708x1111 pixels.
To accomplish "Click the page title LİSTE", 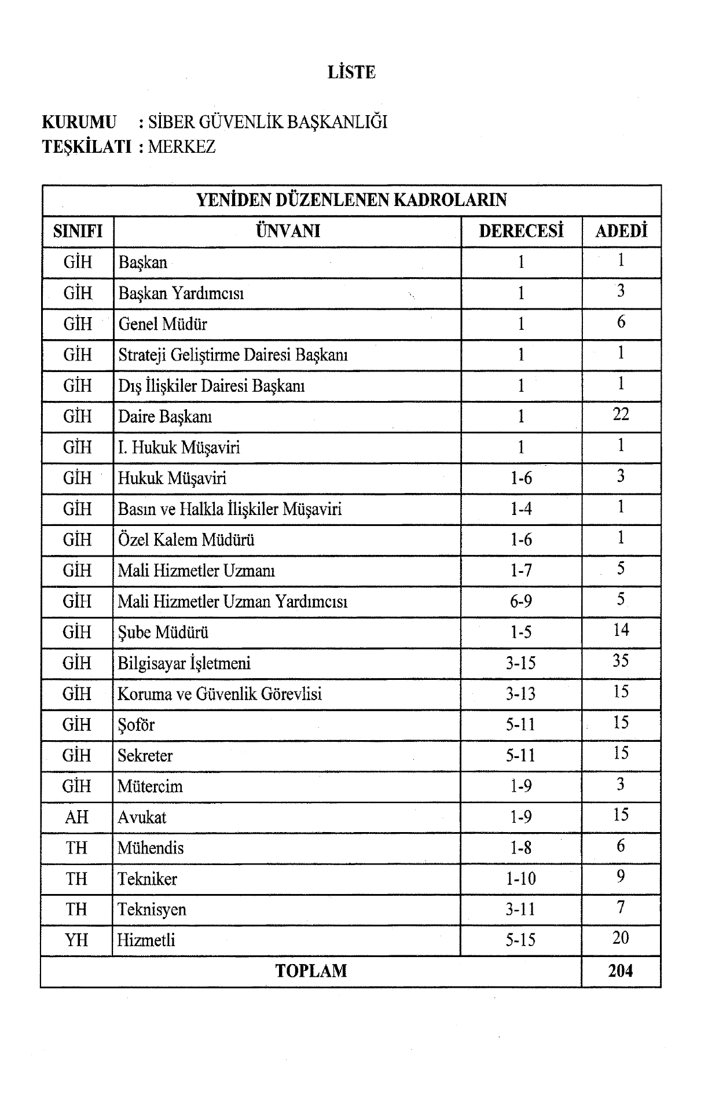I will [351, 72].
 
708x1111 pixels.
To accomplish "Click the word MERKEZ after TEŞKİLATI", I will [182, 147].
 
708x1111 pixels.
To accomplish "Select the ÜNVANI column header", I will [288, 231].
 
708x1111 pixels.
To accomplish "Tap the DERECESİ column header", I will [521, 231].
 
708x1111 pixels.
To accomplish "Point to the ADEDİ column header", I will [621, 231].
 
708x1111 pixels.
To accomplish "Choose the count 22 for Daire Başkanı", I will [621, 414].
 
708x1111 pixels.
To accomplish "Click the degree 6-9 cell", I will [521, 601].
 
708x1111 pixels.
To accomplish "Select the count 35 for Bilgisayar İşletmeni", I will [621, 661].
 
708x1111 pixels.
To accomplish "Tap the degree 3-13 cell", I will [521, 694].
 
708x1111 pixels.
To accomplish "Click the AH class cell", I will [77, 817].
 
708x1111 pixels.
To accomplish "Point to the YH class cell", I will [76, 940].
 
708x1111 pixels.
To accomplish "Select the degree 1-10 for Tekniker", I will [521, 879].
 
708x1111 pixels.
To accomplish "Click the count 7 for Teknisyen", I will [621, 907].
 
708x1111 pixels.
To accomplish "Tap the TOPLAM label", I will [311, 971].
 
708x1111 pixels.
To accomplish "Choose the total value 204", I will [621, 971].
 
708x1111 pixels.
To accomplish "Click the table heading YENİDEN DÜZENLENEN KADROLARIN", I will [351, 200].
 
